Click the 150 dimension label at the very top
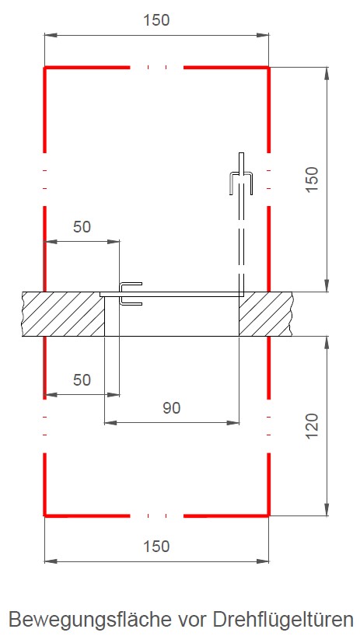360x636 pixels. click(x=156, y=20)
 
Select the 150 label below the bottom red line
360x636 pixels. click(x=156, y=547)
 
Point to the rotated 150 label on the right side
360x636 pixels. click(x=312, y=180)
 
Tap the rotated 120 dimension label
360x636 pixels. click(x=312, y=426)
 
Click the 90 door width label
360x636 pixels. click(x=172, y=408)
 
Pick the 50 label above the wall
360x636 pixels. click(x=82, y=227)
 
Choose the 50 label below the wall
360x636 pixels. click(x=82, y=380)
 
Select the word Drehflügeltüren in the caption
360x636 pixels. click(x=283, y=620)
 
